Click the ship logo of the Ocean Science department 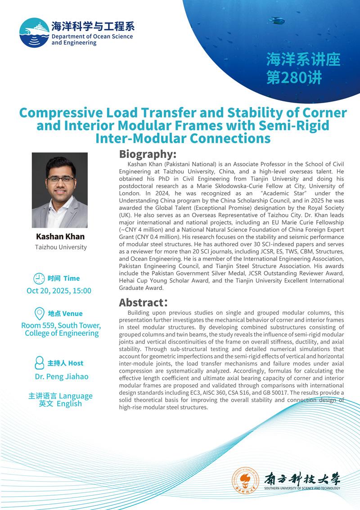point(34,33)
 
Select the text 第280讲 point(294,77)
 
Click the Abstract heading point(140,302)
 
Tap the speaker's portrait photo point(59,190)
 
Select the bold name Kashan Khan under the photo point(59,236)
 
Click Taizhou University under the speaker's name point(61,247)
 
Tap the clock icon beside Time point(40,278)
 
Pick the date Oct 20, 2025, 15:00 point(59,290)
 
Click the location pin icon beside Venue point(40,313)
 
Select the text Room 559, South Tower point(61,325)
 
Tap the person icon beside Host point(40,363)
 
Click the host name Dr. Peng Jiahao point(62,376)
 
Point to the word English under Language point(69,403)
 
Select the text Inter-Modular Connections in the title point(183,138)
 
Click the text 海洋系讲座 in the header point(303,60)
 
